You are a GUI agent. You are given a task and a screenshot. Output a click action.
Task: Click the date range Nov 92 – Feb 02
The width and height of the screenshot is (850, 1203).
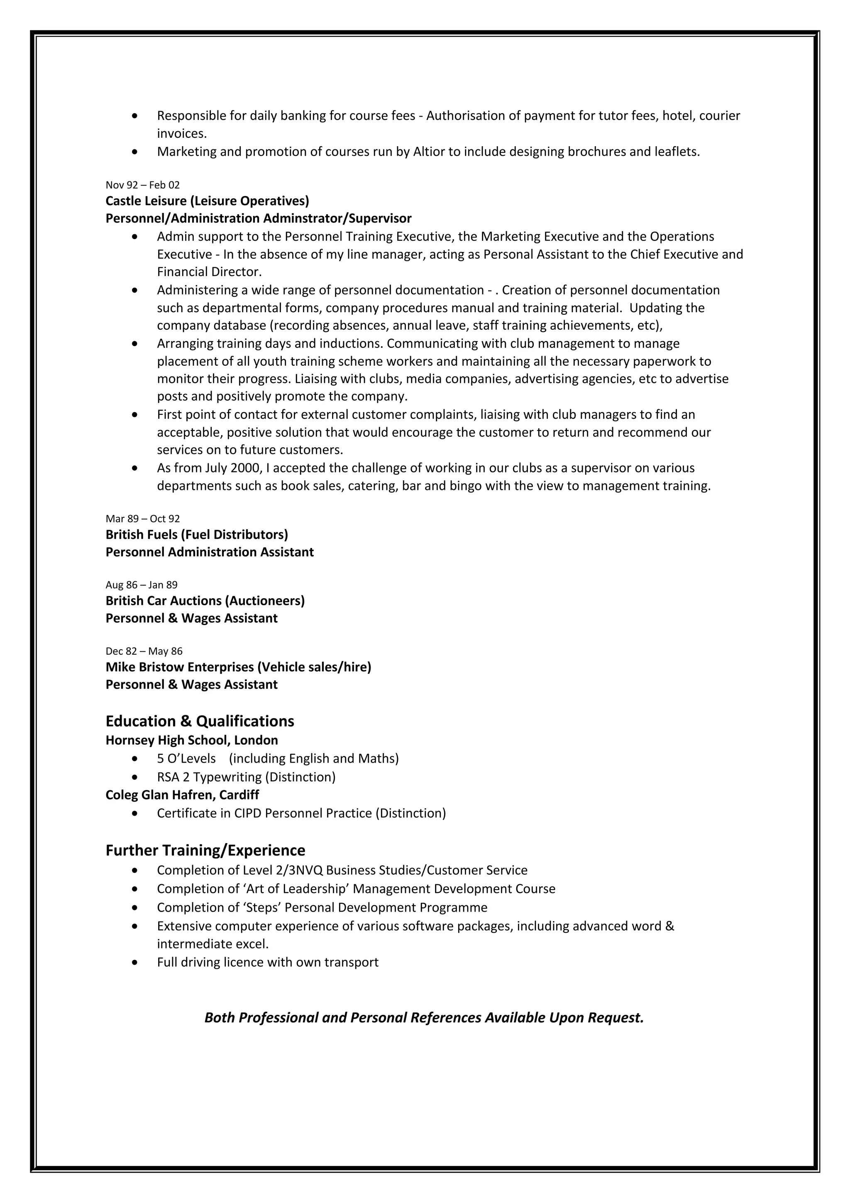[x=142, y=185]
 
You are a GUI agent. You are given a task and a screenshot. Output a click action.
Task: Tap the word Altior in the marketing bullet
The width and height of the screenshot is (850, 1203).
[x=429, y=152]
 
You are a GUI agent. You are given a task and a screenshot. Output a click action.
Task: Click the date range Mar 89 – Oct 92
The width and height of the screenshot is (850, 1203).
[x=142, y=519]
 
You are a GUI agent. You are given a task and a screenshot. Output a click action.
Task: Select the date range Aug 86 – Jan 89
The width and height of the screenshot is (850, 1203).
[x=142, y=585]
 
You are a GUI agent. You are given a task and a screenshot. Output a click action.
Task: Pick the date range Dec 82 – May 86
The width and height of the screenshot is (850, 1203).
[x=144, y=651]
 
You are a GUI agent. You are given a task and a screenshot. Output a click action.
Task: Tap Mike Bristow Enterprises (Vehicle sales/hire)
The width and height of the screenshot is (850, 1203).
[x=238, y=668]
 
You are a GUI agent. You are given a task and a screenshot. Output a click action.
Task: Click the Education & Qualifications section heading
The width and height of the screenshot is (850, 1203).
[x=200, y=721]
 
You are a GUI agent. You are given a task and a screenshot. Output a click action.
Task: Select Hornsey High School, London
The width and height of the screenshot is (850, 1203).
[x=192, y=740]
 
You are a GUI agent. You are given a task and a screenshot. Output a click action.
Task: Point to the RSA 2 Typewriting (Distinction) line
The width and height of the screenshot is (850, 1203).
[x=246, y=777]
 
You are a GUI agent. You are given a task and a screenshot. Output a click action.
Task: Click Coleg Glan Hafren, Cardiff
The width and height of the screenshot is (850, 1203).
[x=182, y=795]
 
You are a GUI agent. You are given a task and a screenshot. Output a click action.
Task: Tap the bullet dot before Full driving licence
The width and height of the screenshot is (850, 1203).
[x=136, y=963]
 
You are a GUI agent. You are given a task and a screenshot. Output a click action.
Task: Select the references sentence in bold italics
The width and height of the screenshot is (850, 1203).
[x=424, y=1017]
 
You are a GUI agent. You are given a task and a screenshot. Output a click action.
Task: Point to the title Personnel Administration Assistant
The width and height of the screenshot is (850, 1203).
[x=210, y=552]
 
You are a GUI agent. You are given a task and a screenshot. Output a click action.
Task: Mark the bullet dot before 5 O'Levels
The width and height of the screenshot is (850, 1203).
[x=136, y=759]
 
